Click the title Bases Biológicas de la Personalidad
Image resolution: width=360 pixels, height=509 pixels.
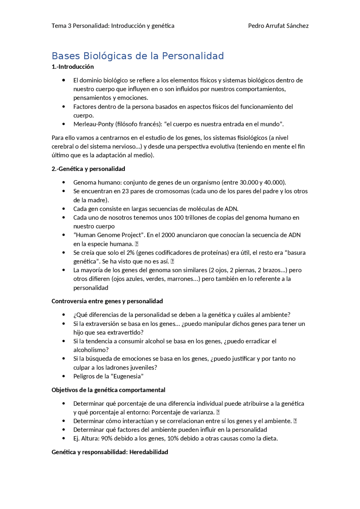138,56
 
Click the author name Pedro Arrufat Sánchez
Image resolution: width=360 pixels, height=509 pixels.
278,26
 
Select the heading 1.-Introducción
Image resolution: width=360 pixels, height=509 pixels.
73,67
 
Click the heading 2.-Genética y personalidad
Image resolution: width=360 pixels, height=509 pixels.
88,169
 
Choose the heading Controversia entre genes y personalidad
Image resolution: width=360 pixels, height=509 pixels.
107,301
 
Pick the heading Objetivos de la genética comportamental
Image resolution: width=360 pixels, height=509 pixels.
108,390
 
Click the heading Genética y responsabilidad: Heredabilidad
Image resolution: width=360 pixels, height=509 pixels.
110,452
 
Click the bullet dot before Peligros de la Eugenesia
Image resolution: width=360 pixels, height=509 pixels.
64,376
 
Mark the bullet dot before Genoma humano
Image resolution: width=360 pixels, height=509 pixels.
64,182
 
